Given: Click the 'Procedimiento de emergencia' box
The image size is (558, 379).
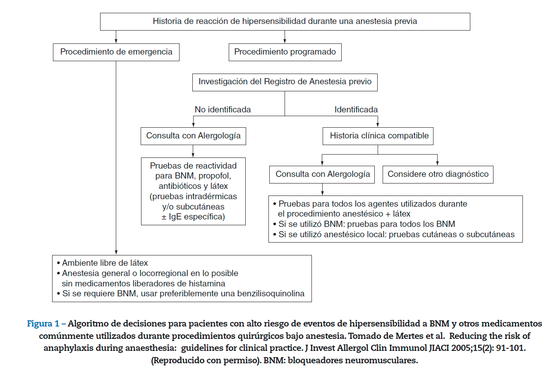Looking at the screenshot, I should pyautogui.click(x=116, y=52).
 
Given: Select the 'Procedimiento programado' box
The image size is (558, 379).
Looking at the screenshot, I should pyautogui.click(x=285, y=52).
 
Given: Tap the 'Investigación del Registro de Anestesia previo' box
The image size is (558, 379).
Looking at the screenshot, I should pyautogui.click(x=285, y=82).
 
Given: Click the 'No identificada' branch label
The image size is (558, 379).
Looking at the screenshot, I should pyautogui.click(x=223, y=110).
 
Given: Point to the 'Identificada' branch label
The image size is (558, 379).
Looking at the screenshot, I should pyautogui.click(x=356, y=110).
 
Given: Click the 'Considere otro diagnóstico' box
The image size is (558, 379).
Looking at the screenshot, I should pyautogui.click(x=438, y=174).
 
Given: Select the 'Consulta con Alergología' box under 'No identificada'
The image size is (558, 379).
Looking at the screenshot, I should pyautogui.click(x=193, y=136).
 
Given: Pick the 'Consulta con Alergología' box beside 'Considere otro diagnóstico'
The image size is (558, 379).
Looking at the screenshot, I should pyautogui.click(x=323, y=174).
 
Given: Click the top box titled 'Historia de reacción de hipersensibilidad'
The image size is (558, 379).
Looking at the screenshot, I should pyautogui.click(x=285, y=21).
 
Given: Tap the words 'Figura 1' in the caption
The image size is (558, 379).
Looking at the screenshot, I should pyautogui.click(x=43, y=324).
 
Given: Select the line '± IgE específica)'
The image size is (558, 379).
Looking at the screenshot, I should pyautogui.click(x=193, y=217).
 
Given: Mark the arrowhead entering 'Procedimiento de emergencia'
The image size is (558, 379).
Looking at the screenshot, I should pyautogui.click(x=116, y=41).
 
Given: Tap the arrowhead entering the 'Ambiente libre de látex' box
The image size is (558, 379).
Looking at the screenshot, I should pyautogui.click(x=116, y=252).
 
